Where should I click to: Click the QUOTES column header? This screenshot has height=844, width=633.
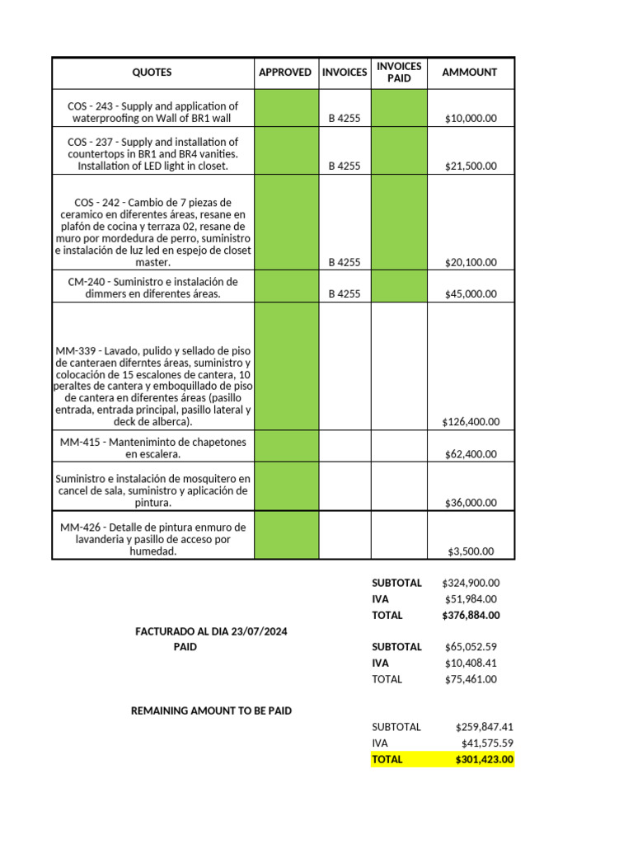pyautogui.click(x=152, y=73)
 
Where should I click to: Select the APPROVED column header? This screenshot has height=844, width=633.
pyautogui.click(x=285, y=73)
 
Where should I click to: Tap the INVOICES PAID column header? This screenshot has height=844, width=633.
pyautogui.click(x=399, y=73)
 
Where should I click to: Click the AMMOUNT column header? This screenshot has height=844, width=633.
pyautogui.click(x=470, y=73)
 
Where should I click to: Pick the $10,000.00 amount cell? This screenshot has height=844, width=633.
pyautogui.click(x=471, y=119)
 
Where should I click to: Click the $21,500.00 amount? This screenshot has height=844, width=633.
pyautogui.click(x=471, y=166)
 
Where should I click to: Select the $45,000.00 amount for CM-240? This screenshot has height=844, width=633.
pyautogui.click(x=471, y=294)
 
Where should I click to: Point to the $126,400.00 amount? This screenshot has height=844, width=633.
pyautogui.click(x=471, y=422)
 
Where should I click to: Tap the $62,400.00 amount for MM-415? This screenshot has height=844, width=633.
pyautogui.click(x=471, y=454)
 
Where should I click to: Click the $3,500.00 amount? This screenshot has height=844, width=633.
pyautogui.click(x=471, y=551)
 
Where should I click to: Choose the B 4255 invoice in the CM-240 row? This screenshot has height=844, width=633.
pyautogui.click(x=345, y=294)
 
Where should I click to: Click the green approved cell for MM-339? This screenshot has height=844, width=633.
pyautogui.click(x=285, y=366)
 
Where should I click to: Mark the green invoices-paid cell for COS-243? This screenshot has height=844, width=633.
pyautogui.click(x=399, y=108)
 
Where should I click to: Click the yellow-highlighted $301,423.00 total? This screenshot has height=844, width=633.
pyautogui.click(x=484, y=760)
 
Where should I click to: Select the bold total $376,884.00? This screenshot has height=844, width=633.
pyautogui.click(x=471, y=615)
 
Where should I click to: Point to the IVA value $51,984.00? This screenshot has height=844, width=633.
pyautogui.click(x=471, y=599)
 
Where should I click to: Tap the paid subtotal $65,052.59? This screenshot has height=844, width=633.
pyautogui.click(x=471, y=647)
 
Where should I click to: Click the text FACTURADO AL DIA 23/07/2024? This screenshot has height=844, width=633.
pyautogui.click(x=212, y=631)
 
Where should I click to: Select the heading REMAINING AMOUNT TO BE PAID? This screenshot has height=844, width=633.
pyautogui.click(x=211, y=710)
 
